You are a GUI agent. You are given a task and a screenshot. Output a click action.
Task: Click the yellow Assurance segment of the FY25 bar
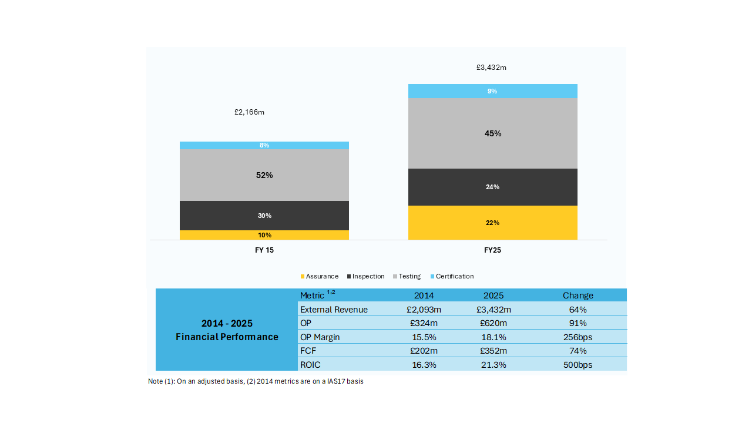coord(492,223)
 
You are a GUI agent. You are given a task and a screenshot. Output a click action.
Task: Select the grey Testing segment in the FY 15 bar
coord(264,175)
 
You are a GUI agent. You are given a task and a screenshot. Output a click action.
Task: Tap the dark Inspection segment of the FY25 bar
coord(492,187)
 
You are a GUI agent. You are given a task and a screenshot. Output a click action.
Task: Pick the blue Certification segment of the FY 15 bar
coord(264,145)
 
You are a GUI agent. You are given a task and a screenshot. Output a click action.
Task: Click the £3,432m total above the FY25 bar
coord(491,68)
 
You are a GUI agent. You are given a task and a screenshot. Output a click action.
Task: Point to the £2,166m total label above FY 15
coord(249,112)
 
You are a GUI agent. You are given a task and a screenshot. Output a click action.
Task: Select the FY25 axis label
coord(492,250)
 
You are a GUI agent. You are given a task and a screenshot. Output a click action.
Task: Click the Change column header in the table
coord(578,296)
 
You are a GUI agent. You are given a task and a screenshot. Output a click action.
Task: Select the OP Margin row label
coord(320,337)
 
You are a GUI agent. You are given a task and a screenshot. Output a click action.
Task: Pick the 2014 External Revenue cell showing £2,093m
coord(424,310)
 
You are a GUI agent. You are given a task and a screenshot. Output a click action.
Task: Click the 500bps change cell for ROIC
coord(578,365)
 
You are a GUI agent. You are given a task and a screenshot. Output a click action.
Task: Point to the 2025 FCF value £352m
coord(493,351)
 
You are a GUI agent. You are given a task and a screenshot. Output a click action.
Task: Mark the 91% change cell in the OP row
coord(578,323)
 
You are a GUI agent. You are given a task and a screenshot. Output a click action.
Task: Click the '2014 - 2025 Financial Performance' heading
coord(227,330)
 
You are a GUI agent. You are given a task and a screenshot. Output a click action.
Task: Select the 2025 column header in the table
coord(493,296)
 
